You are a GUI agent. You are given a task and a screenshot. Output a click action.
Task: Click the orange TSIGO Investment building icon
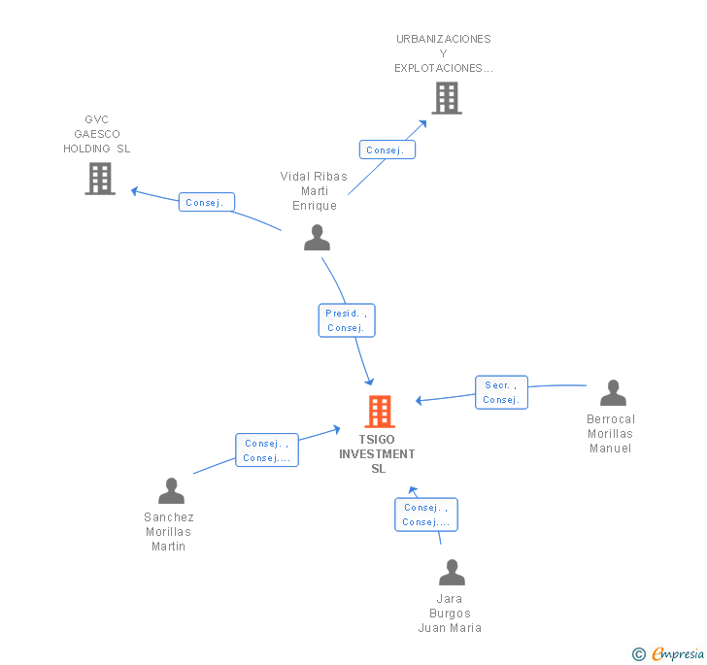[380, 412]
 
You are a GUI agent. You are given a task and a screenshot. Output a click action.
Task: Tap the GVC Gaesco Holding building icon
[100, 179]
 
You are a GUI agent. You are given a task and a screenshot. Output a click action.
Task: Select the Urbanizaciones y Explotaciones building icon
[446, 98]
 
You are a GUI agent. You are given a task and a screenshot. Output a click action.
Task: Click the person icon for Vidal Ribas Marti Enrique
[317, 238]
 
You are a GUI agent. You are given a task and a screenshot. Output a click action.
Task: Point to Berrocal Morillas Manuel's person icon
[613, 393]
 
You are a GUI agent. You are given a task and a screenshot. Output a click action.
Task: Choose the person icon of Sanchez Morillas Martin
[171, 491]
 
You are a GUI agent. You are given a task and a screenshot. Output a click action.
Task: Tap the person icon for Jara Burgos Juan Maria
[452, 573]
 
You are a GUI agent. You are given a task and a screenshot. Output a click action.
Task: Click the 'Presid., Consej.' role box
[347, 320]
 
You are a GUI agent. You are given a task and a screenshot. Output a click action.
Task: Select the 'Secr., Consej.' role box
[501, 392]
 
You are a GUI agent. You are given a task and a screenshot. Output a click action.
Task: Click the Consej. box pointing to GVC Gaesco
[207, 203]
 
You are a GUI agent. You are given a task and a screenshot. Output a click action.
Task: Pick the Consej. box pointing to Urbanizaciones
[387, 150]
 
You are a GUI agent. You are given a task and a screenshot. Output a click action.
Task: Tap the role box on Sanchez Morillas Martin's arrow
[266, 450]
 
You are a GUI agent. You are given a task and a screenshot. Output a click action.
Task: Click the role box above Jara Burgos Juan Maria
[425, 515]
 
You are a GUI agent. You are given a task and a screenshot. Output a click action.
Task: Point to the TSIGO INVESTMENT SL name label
[378, 453]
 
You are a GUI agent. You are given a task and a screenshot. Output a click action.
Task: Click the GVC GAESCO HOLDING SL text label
[97, 134]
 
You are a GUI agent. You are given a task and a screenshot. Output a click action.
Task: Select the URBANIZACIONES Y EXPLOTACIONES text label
[444, 53]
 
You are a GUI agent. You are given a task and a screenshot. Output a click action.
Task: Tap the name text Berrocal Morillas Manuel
[611, 434]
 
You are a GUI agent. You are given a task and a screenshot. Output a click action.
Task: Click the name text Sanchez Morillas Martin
[169, 532]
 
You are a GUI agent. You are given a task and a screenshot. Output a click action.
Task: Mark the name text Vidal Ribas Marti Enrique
[314, 191]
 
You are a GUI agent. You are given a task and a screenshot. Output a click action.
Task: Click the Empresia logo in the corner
[669, 654]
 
